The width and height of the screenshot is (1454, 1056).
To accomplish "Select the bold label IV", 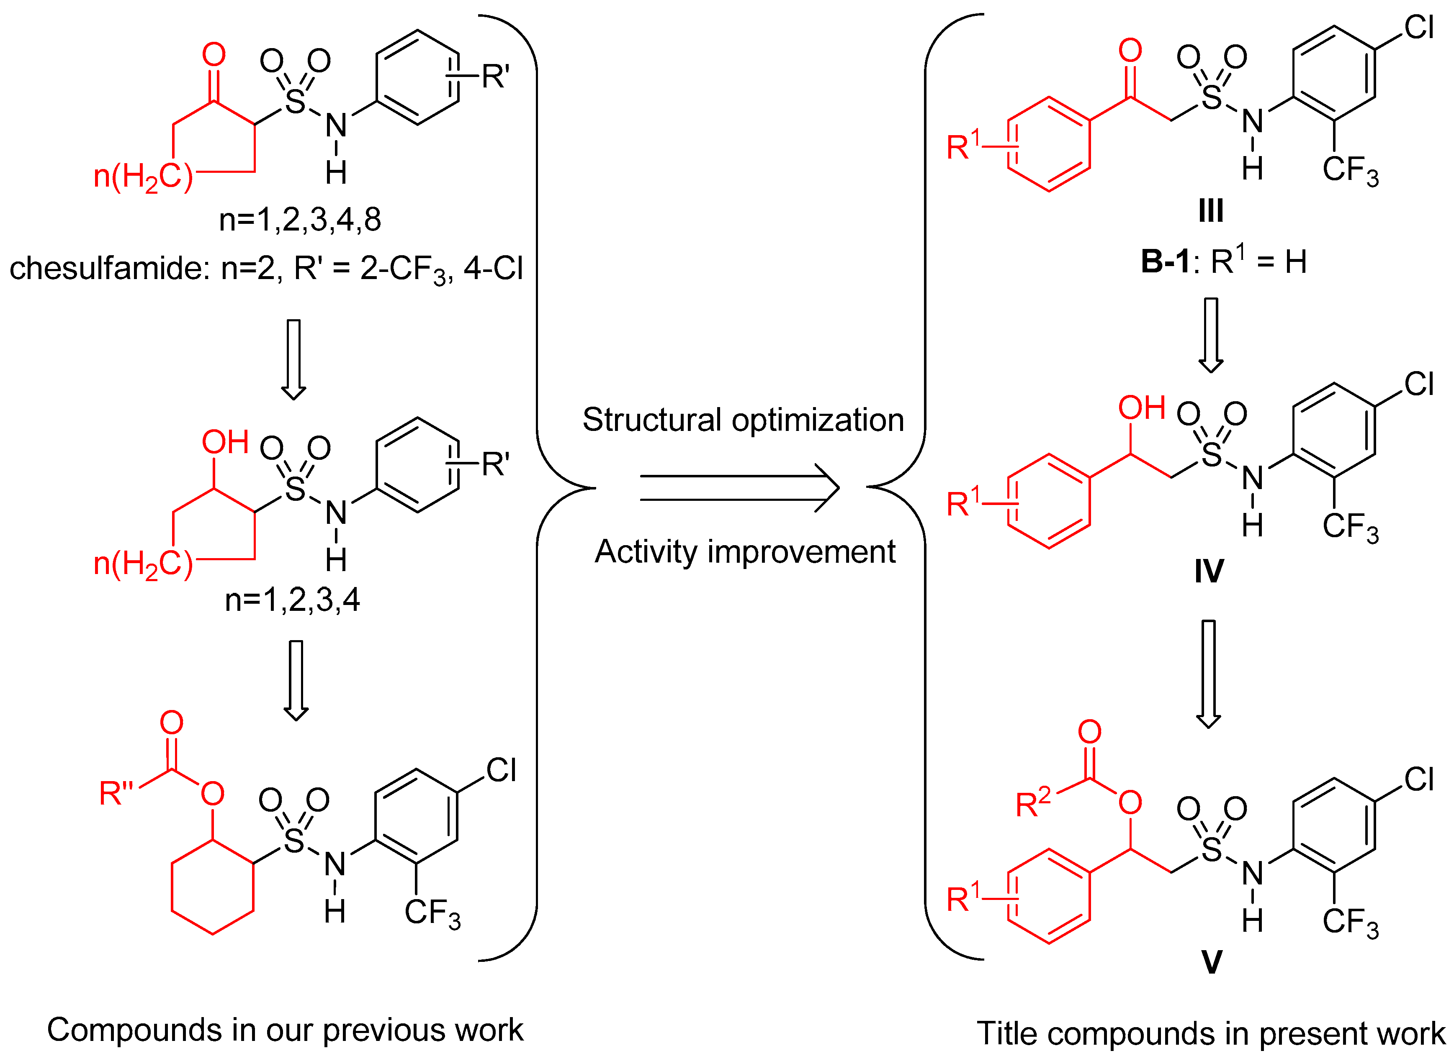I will click(x=1209, y=570).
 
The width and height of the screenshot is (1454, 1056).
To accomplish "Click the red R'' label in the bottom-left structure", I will click(x=116, y=793).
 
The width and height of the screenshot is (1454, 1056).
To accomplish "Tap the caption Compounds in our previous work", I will click(x=285, y=1030).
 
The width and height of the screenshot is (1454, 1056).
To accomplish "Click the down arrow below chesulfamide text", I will click(x=293, y=359).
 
